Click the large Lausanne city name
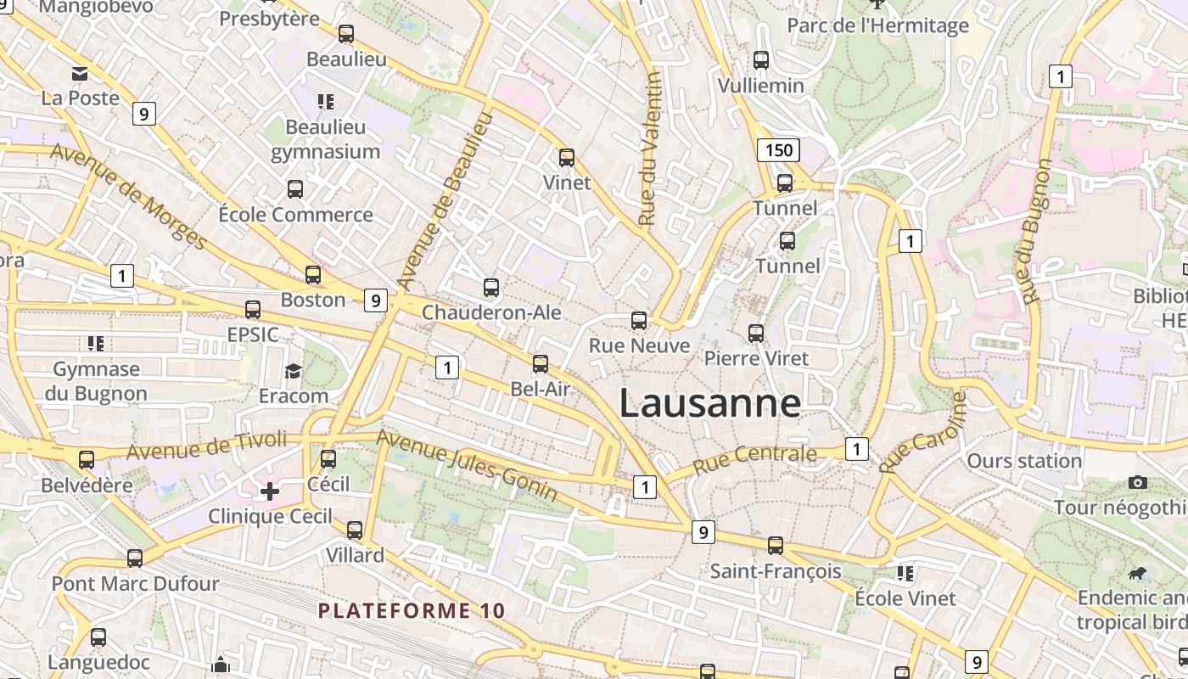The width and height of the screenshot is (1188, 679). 709,403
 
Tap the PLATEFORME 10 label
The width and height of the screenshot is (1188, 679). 412,610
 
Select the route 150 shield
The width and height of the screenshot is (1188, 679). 778,151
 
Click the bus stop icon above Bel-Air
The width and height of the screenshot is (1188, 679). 541,364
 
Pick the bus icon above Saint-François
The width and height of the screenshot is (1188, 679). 776,546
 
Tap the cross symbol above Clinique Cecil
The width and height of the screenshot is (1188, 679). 270,491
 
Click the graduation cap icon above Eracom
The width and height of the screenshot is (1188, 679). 294,371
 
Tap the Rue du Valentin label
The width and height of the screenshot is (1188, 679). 649,149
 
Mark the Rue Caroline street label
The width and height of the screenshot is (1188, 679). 923,433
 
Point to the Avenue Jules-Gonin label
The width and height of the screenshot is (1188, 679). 467,464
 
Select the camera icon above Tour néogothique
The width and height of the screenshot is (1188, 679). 1138,482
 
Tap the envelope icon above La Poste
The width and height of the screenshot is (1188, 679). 80,74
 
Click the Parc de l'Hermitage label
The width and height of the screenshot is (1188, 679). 877,25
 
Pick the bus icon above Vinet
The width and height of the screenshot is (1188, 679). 567,157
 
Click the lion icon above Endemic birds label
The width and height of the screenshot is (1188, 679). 1136,574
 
